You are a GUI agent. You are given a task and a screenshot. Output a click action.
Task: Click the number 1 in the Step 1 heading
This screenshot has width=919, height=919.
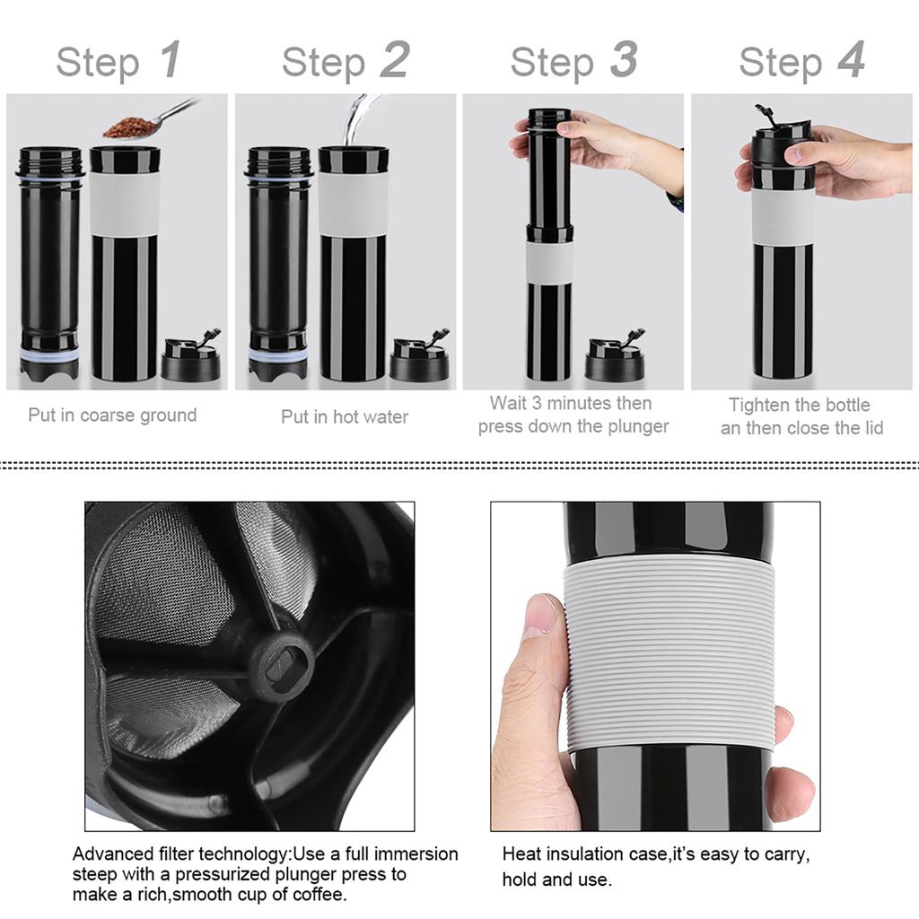pyautogui.click(x=170, y=61)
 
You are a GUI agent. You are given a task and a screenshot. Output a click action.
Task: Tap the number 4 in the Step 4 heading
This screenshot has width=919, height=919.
pyautogui.click(x=851, y=61)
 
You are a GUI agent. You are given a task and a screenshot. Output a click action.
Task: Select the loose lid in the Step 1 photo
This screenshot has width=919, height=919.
pyautogui.click(x=191, y=360)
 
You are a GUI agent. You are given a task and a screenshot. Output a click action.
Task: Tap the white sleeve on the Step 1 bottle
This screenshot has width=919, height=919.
pyautogui.click(x=125, y=203)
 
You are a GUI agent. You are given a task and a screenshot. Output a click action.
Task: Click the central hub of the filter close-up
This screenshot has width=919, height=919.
pyautogui.click(x=281, y=665)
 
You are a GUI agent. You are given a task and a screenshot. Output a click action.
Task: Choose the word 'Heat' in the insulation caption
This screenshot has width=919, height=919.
pyautogui.click(x=521, y=854)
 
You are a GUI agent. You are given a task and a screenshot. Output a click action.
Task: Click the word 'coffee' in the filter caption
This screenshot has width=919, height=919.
pyautogui.click(x=319, y=895)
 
